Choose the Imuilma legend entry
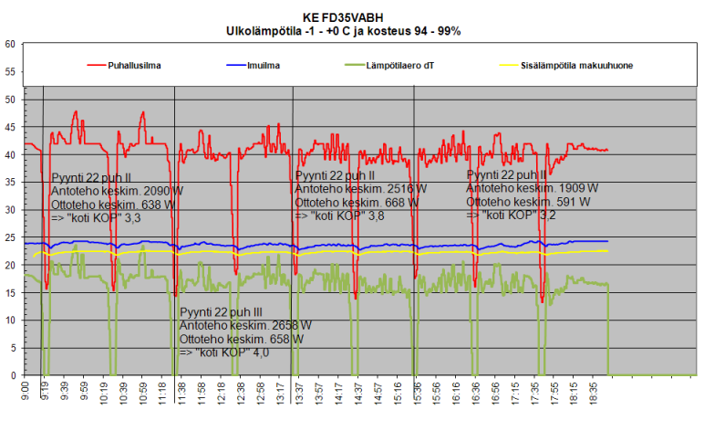263,66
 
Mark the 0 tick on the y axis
12,375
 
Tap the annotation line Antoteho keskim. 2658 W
245,325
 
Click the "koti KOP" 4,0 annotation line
224,352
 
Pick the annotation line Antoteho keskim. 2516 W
361,188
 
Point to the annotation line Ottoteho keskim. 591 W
528,202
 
